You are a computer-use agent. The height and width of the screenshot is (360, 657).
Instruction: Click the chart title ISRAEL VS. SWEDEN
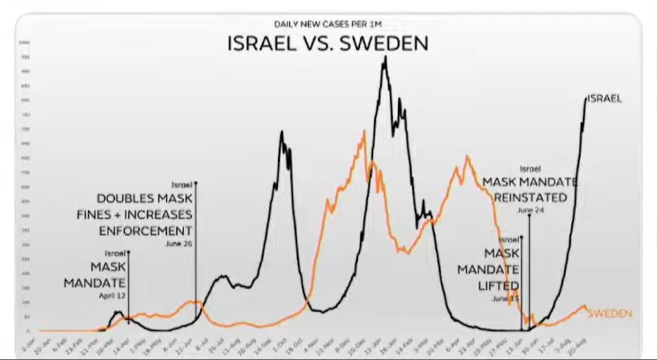327,44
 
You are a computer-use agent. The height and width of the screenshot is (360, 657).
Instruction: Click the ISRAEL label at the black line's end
604,99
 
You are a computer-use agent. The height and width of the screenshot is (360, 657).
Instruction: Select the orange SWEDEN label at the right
610,313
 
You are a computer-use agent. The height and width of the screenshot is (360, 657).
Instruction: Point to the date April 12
112,296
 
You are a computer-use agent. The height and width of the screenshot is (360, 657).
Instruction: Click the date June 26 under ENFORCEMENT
179,244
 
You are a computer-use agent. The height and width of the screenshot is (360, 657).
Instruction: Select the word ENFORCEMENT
145,230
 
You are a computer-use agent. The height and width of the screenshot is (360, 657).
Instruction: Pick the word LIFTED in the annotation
498,286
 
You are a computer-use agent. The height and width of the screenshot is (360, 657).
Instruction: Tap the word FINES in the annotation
94,214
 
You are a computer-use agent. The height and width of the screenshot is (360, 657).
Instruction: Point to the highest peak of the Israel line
385,58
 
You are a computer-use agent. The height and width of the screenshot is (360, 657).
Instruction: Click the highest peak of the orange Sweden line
364,132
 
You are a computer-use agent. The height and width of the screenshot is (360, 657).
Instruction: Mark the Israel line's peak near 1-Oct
282,132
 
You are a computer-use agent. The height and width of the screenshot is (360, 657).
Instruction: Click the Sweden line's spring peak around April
467,157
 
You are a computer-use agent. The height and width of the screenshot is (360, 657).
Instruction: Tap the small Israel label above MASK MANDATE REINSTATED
530,168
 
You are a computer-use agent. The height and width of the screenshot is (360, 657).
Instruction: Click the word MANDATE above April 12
94,282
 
